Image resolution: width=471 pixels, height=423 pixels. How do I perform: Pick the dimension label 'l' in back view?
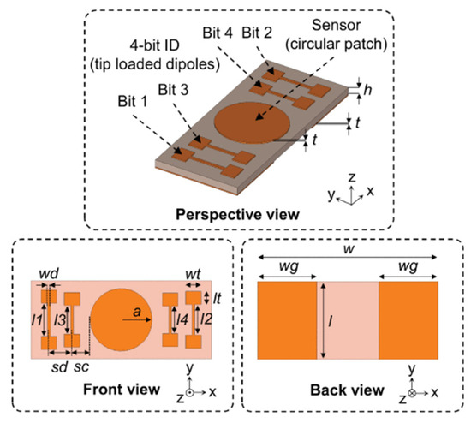pyautogui.click(x=331, y=322)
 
